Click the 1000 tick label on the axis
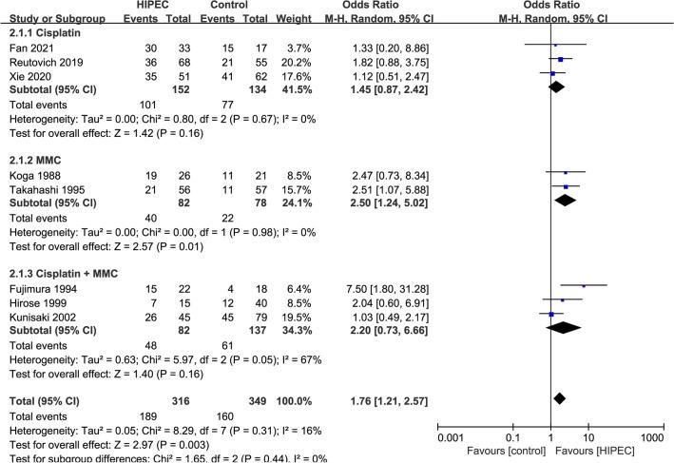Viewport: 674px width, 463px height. click(x=651, y=436)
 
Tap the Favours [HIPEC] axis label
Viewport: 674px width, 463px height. click(x=605, y=451)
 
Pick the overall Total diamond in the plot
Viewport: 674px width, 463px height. click(x=560, y=371)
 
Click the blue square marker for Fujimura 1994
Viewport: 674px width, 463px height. click(x=584, y=285)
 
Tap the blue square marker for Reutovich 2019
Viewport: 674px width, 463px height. click(x=561, y=59)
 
